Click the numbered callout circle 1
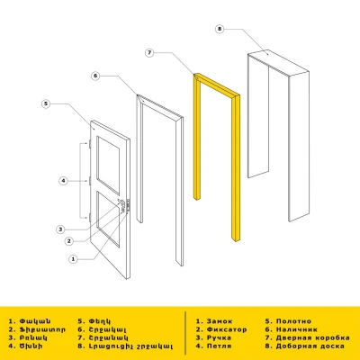point(73,258)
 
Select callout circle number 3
point(59,228)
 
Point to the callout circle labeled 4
point(62,181)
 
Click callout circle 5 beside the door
point(46,104)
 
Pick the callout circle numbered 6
point(94,77)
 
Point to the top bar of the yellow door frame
point(216,87)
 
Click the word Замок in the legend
point(220,319)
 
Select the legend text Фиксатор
point(225,328)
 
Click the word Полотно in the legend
point(292,319)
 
